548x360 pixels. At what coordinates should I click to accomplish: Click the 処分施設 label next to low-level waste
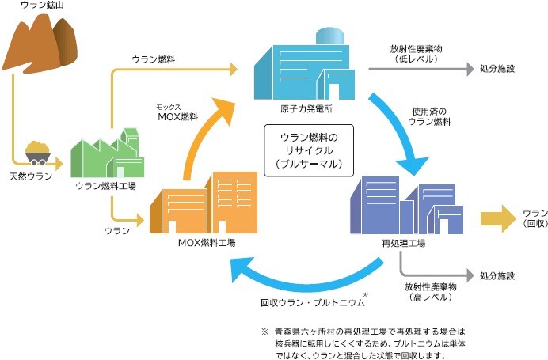(497, 69)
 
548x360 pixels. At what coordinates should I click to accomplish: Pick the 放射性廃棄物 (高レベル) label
(428, 292)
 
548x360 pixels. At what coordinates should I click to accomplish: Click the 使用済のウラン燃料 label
(429, 116)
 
